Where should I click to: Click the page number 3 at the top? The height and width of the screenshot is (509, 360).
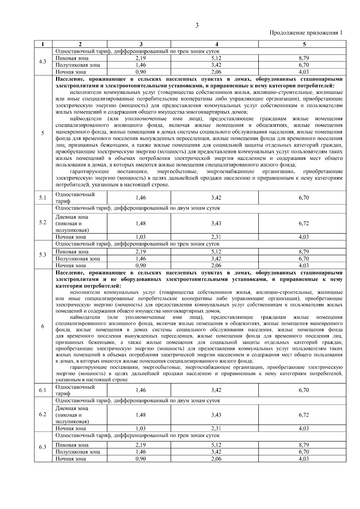pyautogui.click(x=197, y=26)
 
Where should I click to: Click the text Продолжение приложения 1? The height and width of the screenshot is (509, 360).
pyautogui.click(x=306, y=33)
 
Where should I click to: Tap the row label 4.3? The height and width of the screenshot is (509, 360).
pyautogui.click(x=43, y=62)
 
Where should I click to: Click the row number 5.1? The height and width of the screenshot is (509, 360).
pyautogui.click(x=43, y=198)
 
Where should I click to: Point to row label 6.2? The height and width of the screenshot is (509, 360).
pyautogui.click(x=43, y=415)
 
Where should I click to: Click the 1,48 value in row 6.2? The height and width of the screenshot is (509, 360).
pyautogui.click(x=140, y=415)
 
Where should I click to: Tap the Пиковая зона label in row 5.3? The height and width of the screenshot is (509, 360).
pyautogui.click(x=72, y=252)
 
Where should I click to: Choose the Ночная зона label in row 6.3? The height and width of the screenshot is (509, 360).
pyautogui.click(x=71, y=459)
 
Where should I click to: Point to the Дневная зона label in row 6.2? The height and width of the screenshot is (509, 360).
pyautogui.click(x=72, y=408)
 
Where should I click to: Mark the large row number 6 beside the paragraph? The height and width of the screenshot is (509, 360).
pyautogui.click(x=43, y=326)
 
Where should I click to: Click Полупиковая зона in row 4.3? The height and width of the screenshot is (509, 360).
pyautogui.click(x=78, y=65)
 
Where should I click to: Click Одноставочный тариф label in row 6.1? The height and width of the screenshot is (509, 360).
pyautogui.click(x=75, y=390)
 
